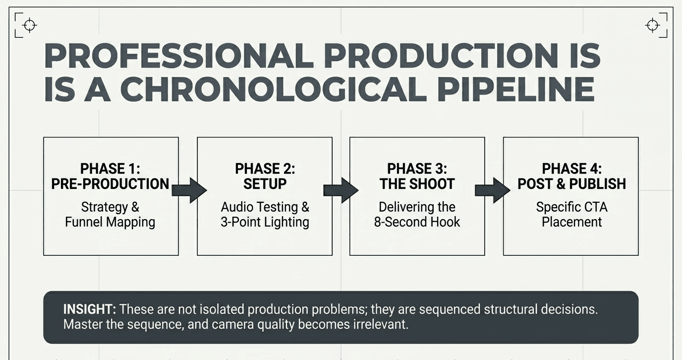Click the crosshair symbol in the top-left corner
(30, 25)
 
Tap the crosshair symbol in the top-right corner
(652, 25)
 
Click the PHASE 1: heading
(111, 169)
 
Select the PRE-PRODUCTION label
(111, 184)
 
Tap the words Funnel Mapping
(110, 222)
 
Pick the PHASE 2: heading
(265, 169)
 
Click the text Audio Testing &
(265, 207)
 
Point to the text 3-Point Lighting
(265, 222)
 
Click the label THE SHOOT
(417, 184)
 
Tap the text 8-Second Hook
(417, 222)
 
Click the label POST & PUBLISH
(571, 184)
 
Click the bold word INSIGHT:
(89, 309)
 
